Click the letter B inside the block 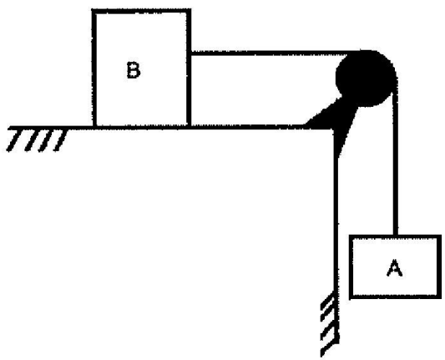click(134, 70)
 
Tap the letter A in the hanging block click(394, 268)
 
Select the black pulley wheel click(367, 78)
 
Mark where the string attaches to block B click(190, 53)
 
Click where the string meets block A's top click(396, 236)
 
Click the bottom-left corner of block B click(94, 127)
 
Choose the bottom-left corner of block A click(351, 297)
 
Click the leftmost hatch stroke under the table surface click(13, 140)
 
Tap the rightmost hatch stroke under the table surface click(60, 140)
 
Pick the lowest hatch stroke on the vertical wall click(329, 347)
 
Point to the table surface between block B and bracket click(248, 127)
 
